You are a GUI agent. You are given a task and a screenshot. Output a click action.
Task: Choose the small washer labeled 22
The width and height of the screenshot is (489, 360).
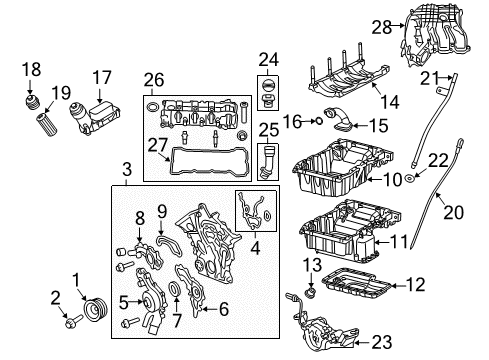(410, 180)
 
